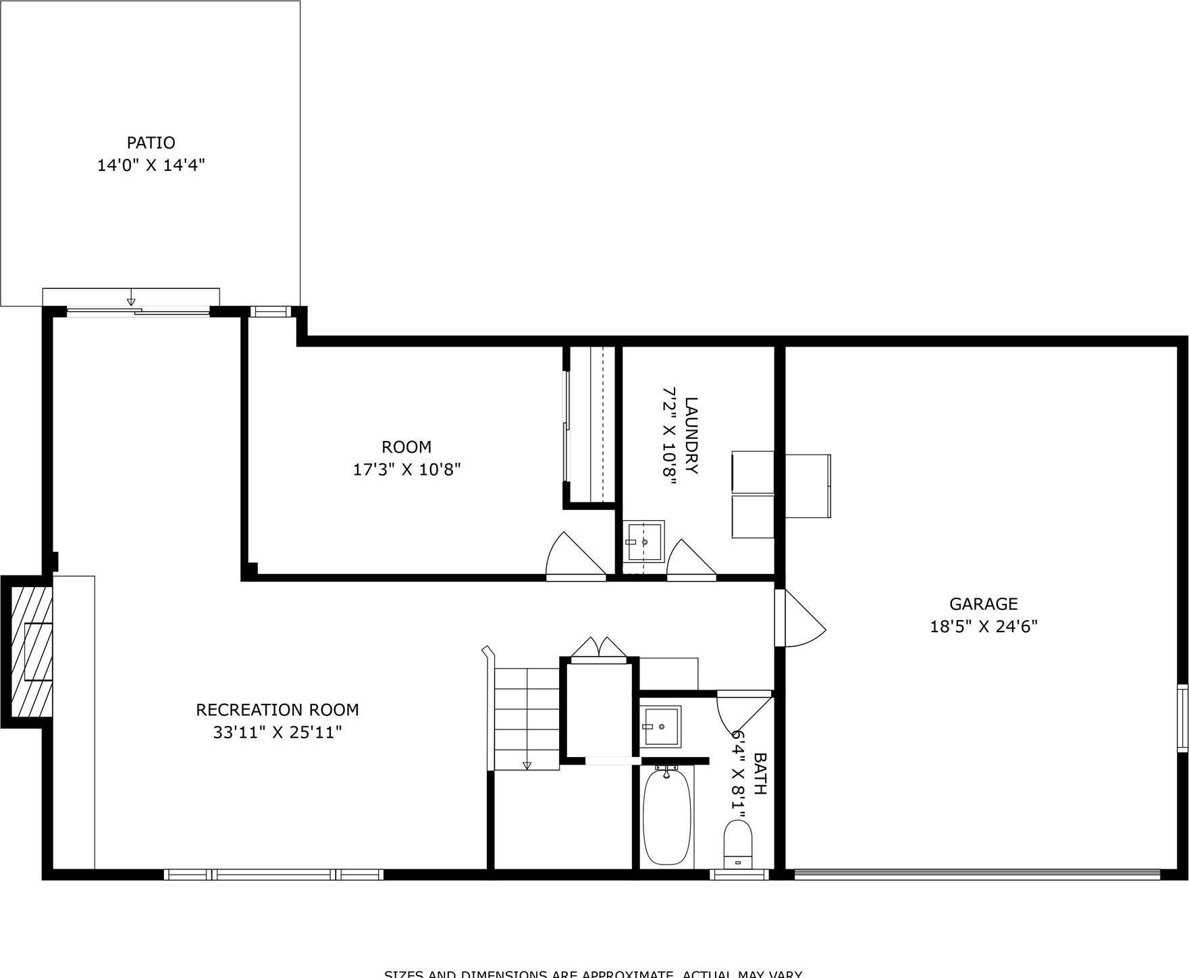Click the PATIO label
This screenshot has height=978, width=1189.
point(151,143)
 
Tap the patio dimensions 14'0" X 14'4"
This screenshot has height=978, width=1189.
point(151,165)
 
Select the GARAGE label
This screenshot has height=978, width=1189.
point(982,604)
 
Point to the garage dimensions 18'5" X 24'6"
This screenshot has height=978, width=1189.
point(983,626)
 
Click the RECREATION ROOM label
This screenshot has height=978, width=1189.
point(277,709)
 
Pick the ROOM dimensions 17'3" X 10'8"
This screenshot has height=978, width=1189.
point(406,469)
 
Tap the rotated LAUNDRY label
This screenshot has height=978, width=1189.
point(691,436)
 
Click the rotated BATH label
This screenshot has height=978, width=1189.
point(760,774)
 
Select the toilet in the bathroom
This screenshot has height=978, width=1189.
point(737,844)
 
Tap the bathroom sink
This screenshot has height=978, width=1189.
point(662,726)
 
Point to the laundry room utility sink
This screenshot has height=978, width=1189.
point(643,540)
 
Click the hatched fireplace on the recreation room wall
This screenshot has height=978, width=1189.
point(32,652)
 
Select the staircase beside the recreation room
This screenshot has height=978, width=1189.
point(527,719)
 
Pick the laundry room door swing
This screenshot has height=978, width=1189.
point(689,559)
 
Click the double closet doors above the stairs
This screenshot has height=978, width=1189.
point(599,646)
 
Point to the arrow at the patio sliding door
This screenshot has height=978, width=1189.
point(131,301)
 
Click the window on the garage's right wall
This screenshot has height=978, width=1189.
point(1182,717)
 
